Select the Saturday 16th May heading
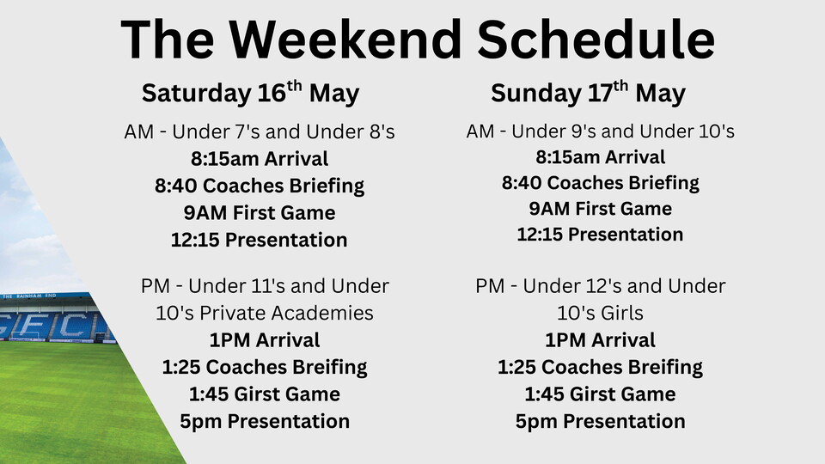click(250, 93)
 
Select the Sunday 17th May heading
click(588, 93)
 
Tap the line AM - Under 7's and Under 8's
click(259, 133)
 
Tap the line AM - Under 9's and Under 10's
click(600, 131)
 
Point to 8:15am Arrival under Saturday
click(260, 159)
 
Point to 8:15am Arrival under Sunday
click(600, 157)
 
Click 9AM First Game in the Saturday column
click(260, 212)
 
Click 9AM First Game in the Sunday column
click(600, 209)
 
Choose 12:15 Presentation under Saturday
click(260, 240)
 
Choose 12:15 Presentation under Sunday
click(600, 235)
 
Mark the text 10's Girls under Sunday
click(600, 313)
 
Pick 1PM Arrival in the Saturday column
click(265, 340)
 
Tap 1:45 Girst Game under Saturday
click(265, 394)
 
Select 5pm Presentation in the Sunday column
click(600, 421)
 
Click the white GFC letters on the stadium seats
click(52, 326)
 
